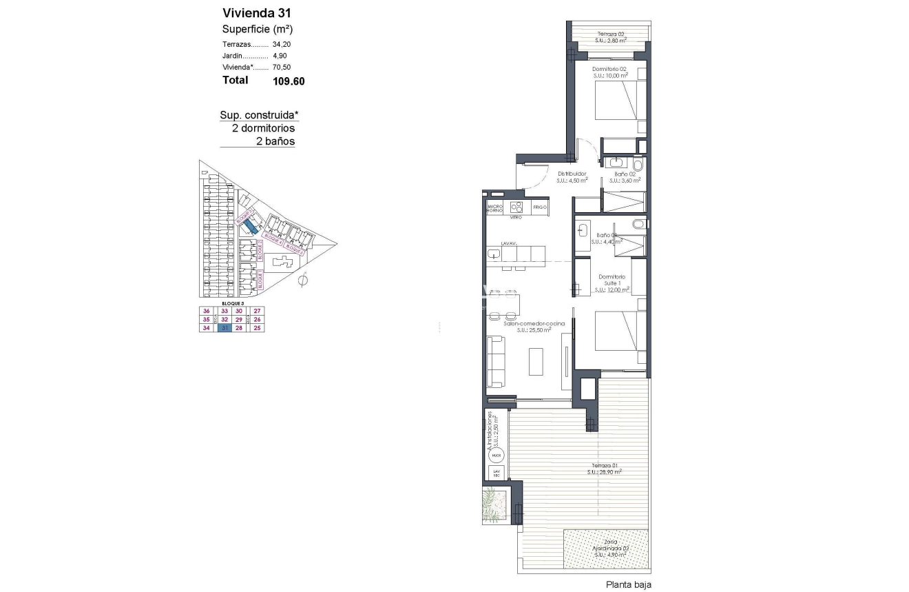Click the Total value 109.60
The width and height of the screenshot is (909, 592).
(289, 81)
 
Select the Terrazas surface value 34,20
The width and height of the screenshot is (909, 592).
(282, 43)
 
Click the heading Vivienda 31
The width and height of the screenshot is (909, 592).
(252, 12)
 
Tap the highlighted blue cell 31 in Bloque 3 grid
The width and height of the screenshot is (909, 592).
(223, 328)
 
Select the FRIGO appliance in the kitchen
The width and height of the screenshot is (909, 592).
(540, 207)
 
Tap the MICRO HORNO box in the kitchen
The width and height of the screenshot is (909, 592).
(495, 207)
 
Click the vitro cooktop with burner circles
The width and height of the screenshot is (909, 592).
(516, 207)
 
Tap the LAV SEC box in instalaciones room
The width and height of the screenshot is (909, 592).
(497, 473)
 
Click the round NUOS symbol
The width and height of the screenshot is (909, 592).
(497, 456)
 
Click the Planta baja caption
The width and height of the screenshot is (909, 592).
(628, 584)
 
